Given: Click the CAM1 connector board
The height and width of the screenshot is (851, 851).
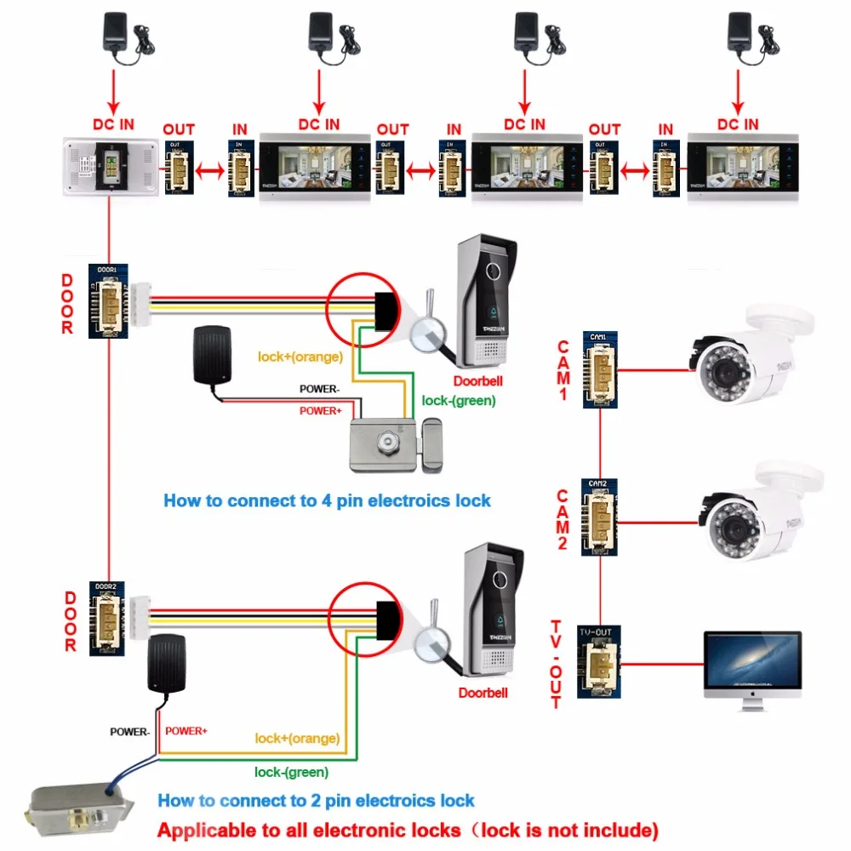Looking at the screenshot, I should coord(600,370).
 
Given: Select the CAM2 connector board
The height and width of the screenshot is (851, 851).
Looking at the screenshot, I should coord(600,517).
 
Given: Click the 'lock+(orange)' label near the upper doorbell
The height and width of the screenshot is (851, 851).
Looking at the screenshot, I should coord(300,356).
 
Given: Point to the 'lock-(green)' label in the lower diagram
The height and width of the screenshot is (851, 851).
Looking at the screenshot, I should coord(292,772).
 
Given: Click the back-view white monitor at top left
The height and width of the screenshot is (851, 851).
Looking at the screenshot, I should coord(110,167).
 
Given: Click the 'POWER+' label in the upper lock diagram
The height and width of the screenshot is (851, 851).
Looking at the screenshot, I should coord(321,411).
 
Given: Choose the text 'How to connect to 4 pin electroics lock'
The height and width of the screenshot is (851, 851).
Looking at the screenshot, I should coord(327,500).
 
